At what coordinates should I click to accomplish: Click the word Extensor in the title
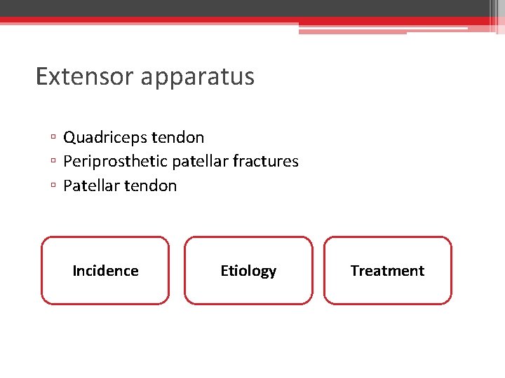pyautogui.click(x=86, y=76)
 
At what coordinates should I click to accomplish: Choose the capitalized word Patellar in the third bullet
pyautogui.click(x=89, y=185)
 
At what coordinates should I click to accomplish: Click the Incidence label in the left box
pyautogui.click(x=105, y=271)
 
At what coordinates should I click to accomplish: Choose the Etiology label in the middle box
pyautogui.click(x=248, y=271)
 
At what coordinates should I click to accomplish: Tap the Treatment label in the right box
pyautogui.click(x=387, y=271)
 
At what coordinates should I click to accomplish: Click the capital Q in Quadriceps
pyautogui.click(x=69, y=137)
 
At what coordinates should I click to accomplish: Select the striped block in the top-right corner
pyautogui.click(x=496, y=16)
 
